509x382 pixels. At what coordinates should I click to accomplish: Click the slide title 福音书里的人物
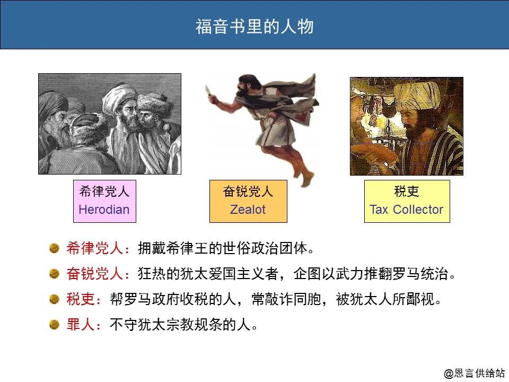[254, 27]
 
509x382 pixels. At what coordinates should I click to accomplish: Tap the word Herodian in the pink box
[104, 210]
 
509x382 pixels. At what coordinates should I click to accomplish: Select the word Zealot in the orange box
[248, 210]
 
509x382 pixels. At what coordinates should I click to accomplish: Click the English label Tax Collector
[407, 210]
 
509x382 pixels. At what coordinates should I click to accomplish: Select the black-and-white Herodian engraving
[110, 124]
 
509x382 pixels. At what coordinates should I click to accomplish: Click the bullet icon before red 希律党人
[54, 248]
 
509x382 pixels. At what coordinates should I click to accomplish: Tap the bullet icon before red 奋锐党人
[54, 274]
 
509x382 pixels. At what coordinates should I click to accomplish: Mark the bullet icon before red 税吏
[54, 299]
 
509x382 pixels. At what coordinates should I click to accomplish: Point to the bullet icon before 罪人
[54, 324]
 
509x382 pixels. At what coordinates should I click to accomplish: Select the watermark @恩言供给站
[475, 373]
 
